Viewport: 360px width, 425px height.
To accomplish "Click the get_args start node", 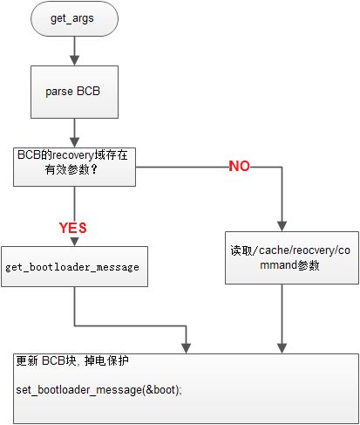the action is click(74, 18).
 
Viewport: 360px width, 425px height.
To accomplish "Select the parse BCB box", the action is click(74, 92).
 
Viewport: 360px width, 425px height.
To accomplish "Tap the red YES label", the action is click(73, 228).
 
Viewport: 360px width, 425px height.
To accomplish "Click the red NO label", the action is click(239, 166).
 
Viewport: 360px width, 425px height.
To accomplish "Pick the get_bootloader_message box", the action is click(74, 267).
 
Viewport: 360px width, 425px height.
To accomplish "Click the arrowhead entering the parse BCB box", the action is click(75, 60).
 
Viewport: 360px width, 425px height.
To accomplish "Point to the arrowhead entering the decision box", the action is click(75, 142).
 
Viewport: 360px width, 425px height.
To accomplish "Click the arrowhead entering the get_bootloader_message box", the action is click(75, 242).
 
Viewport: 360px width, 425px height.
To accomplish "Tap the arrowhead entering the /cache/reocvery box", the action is click(282, 227).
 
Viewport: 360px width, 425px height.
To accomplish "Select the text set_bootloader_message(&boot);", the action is click(98, 390).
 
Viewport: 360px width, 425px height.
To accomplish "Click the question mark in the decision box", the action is click(94, 169).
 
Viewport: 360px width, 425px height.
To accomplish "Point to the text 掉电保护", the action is click(106, 360).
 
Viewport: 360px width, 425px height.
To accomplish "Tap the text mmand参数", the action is click(289, 265).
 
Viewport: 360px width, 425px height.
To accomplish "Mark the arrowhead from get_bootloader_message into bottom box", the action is click(186, 348).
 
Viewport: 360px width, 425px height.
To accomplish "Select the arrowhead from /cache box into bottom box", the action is click(282, 348).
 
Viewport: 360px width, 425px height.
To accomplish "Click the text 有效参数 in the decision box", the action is click(67, 169).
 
